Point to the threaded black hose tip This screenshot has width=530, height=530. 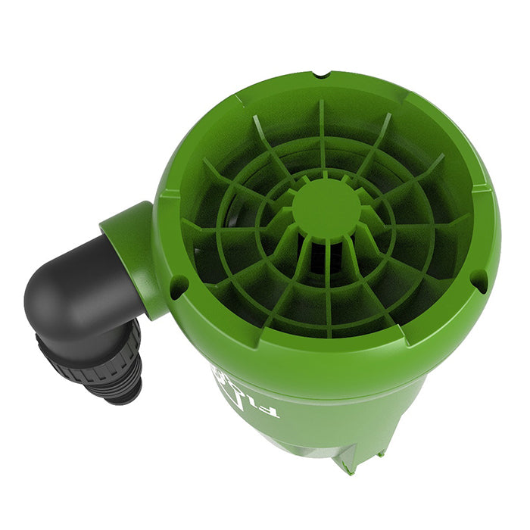121,386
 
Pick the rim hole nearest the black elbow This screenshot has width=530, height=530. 179,285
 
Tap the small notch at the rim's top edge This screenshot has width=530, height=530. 324,76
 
